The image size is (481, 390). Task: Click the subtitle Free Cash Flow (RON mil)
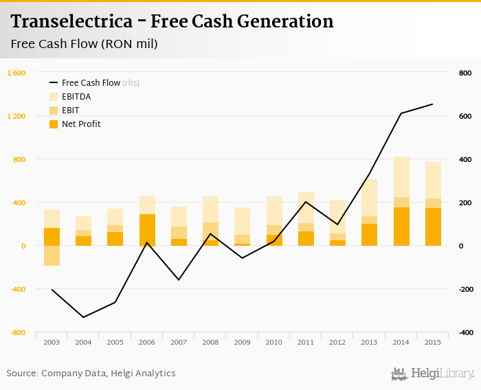tap(85, 45)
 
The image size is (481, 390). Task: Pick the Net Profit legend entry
tap(81, 124)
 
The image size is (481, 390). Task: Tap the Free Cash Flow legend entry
tap(89, 83)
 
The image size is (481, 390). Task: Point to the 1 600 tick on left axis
tap(16, 73)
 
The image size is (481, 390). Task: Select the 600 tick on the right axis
tap(465, 116)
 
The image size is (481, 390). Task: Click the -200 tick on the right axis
tap(465, 289)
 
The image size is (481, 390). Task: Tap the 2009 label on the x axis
tap(242, 342)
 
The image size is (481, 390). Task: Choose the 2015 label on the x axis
tap(433, 342)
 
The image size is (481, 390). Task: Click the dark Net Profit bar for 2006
tap(147, 230)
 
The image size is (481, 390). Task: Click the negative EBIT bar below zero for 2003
tap(52, 255)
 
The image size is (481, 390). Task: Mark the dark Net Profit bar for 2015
tap(433, 227)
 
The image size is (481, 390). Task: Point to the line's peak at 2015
tap(432, 104)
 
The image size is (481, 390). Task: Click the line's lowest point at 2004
tap(83, 317)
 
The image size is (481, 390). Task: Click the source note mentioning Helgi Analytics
tap(91, 374)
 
